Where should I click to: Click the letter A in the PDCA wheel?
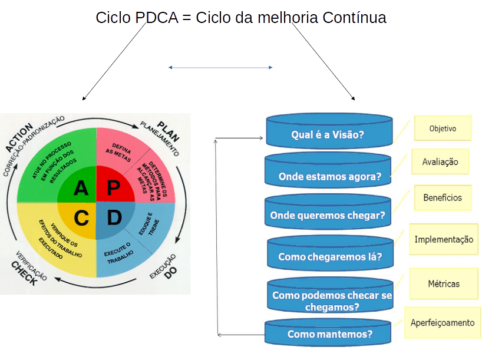point(81,188)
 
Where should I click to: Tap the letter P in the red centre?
point(114,188)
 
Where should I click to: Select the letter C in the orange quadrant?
point(81,218)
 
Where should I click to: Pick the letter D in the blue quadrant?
point(114,218)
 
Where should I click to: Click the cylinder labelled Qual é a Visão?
point(328,134)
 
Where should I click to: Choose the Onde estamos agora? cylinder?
point(329,175)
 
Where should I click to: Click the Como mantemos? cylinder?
point(329,333)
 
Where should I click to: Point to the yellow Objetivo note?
point(443,128)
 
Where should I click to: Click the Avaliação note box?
point(440,161)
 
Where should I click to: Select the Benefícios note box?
point(443,197)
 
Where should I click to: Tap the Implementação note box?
point(444,239)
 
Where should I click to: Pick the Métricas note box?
point(444,283)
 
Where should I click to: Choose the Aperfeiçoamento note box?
point(443,322)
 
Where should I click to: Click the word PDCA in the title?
point(156,18)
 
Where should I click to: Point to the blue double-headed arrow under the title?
point(220,68)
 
